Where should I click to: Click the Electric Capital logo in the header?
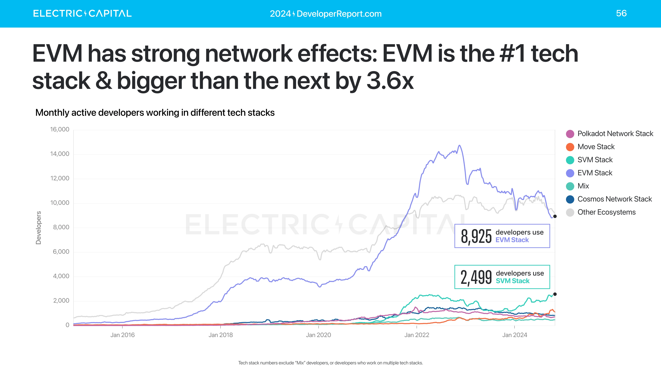point(82,13)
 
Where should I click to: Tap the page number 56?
point(621,13)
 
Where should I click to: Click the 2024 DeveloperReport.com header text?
point(326,14)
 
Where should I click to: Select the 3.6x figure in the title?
point(390,81)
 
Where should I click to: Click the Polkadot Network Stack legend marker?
point(570,134)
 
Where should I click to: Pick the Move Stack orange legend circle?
point(570,147)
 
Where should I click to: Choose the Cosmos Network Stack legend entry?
point(614,199)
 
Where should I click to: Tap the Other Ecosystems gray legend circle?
point(570,212)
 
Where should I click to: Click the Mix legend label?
point(583,186)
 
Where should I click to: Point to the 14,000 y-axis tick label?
point(60,154)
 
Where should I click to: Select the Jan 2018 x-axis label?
point(220,335)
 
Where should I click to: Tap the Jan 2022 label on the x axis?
point(416,335)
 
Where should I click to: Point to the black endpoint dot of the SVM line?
point(555,294)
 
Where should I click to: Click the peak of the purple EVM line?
point(459,146)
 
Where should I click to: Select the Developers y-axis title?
point(39,228)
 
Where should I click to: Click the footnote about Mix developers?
point(330,363)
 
